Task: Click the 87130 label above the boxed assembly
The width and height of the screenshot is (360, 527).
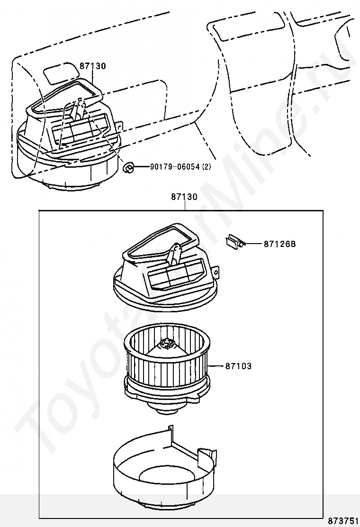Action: click(184, 197)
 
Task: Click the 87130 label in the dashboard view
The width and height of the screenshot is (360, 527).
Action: click(93, 66)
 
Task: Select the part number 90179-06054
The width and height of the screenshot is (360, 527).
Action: click(175, 167)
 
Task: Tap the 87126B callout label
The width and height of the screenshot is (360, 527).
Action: click(280, 244)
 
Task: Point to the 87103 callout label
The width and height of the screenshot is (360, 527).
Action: click(238, 366)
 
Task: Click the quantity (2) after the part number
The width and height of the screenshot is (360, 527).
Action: click(207, 167)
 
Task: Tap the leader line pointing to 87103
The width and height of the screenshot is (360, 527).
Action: click(216, 366)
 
